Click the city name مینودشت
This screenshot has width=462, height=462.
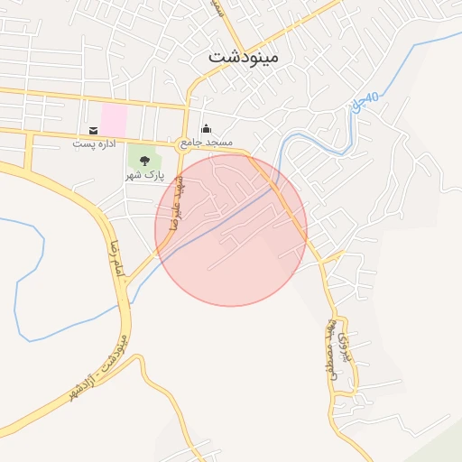click(x=244, y=56)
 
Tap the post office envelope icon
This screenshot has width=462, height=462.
click(x=94, y=131)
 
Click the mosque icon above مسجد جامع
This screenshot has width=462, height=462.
click(x=206, y=129)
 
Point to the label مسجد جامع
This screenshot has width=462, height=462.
click(x=206, y=143)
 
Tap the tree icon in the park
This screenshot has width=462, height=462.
click(x=144, y=161)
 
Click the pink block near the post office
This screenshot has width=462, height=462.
click(x=114, y=121)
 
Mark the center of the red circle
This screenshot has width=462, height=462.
click(x=231, y=230)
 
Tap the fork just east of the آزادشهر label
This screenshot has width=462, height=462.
click(x=139, y=357)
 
